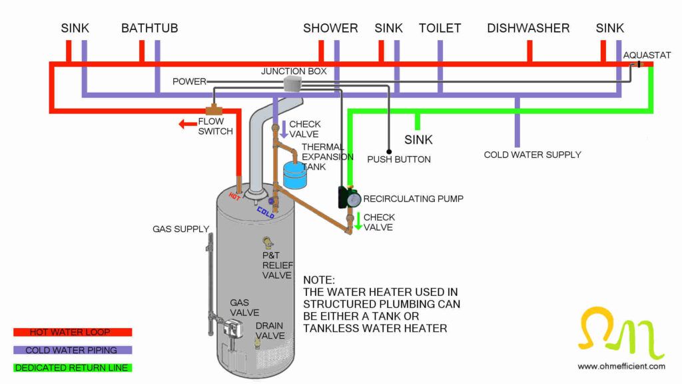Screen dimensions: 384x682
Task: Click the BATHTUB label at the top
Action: [149, 28]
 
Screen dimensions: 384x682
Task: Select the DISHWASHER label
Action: [528, 28]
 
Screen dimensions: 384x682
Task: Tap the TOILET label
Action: [440, 28]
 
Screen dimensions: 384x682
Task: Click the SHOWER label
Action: [330, 28]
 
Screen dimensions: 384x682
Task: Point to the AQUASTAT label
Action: [647, 55]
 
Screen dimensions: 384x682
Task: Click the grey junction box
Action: [292, 83]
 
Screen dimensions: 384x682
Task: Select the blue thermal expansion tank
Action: [294, 174]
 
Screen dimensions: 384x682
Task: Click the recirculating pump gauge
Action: [353, 199]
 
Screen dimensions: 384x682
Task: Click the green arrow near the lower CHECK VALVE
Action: [358, 222]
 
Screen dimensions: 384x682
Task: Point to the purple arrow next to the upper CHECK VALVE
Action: [283, 129]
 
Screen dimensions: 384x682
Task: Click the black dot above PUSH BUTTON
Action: [389, 151]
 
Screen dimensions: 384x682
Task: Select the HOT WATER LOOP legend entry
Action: [73, 332]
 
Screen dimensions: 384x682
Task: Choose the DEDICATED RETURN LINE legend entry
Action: [73, 367]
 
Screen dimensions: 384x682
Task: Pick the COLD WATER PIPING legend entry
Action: [73, 350]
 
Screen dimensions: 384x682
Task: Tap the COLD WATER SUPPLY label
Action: [532, 155]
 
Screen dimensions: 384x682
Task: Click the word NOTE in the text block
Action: [319, 280]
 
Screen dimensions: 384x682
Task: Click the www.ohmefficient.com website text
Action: [621, 366]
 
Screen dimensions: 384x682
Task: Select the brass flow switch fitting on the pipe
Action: [214, 109]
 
